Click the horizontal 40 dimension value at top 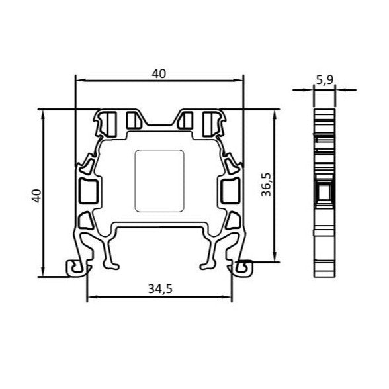pos(159,74)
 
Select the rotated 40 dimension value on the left pos(37,194)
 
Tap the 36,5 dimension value pos(265,187)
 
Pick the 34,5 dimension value pos(159,288)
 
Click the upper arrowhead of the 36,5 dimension pos(274,113)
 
